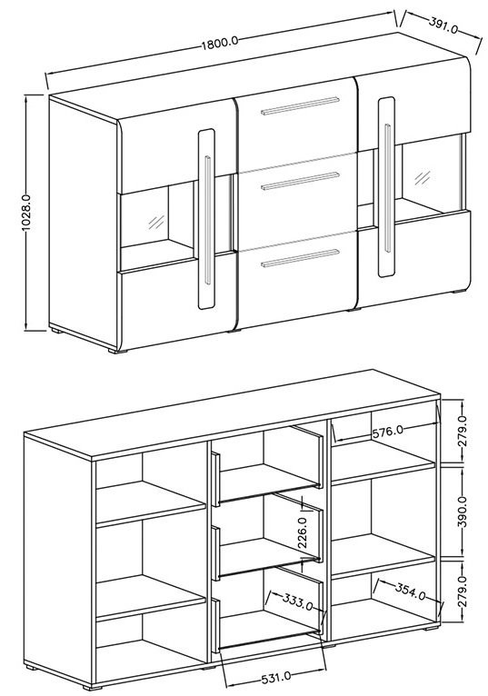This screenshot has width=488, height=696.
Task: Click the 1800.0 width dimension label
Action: pyautogui.click(x=220, y=43)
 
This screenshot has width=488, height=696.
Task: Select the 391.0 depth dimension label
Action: pyautogui.click(x=443, y=25)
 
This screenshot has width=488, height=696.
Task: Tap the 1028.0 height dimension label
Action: pyautogui.click(x=25, y=213)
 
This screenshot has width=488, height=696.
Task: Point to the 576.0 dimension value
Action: pyautogui.click(x=387, y=432)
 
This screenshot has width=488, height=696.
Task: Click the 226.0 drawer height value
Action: pyautogui.click(x=304, y=532)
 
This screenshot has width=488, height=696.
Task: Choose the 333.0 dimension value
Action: pyautogui.click(x=297, y=602)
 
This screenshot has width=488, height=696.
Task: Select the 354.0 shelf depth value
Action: pyautogui.click(x=410, y=592)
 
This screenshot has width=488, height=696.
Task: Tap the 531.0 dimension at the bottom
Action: pyautogui.click(x=276, y=677)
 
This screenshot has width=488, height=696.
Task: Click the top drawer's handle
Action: pyautogui.click(x=300, y=105)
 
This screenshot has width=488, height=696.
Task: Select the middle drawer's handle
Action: pyautogui.click(x=300, y=181)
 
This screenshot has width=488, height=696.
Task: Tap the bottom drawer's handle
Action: pyautogui.click(x=300, y=258)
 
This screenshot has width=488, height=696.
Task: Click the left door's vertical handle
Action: pyautogui.click(x=208, y=220)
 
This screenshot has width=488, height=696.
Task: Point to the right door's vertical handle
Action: pyautogui.click(x=388, y=188)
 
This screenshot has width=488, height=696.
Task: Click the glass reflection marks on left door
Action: pyautogui.click(x=156, y=222)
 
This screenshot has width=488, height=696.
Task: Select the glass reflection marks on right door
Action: pyautogui.click(x=423, y=177)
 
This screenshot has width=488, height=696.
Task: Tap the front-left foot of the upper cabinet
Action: pyautogui.click(x=117, y=351)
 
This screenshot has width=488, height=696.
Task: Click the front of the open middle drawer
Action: pyautogui.click(x=215, y=553)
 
